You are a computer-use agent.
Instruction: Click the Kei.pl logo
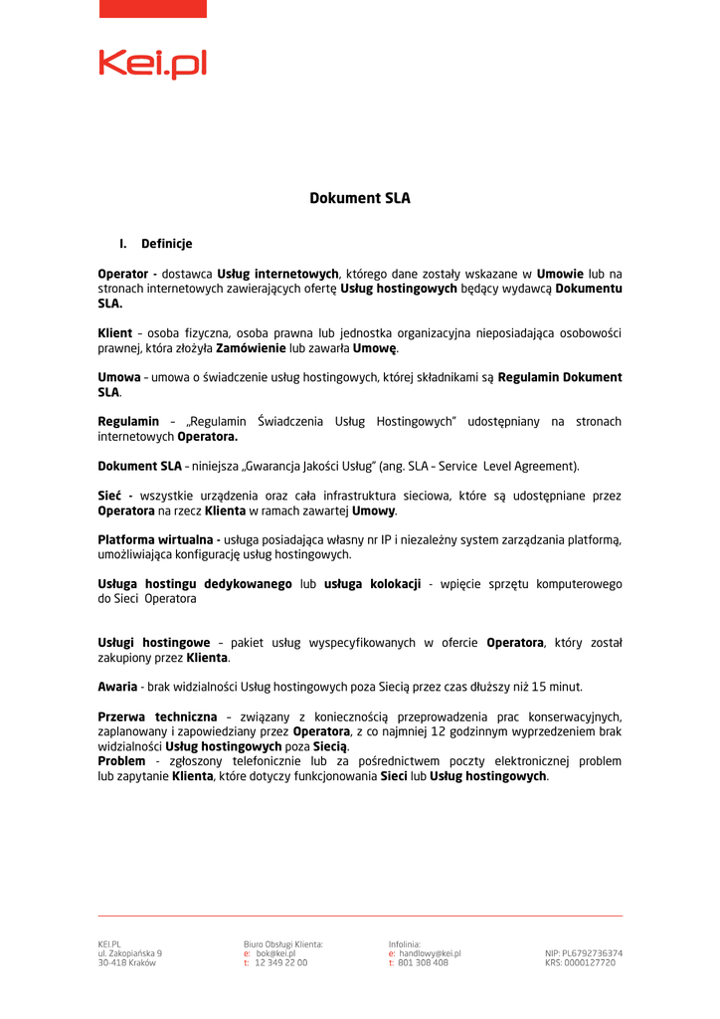pyautogui.click(x=152, y=64)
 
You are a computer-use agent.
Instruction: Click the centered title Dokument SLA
pyautogui.click(x=360, y=198)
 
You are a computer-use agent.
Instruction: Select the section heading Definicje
pyautogui.click(x=166, y=244)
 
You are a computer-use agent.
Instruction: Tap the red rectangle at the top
pyautogui.click(x=152, y=8)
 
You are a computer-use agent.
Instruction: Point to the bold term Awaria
pyautogui.click(x=117, y=687)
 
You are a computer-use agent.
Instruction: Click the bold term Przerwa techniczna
pyautogui.click(x=157, y=716)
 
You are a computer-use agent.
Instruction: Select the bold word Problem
pyautogui.click(x=121, y=761)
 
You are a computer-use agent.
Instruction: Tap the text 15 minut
pyautogui.click(x=558, y=687)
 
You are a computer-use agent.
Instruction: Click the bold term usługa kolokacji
pyautogui.click(x=372, y=584)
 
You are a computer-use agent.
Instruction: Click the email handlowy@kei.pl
pyautogui.click(x=430, y=953)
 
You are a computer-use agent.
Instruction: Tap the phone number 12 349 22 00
pyautogui.click(x=281, y=963)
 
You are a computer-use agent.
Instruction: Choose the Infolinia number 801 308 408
pyautogui.click(x=424, y=963)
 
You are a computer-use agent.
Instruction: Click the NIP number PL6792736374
pyautogui.click(x=593, y=953)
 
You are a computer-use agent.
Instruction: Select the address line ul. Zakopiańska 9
pyautogui.click(x=129, y=953)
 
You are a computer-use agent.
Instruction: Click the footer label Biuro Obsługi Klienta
pyautogui.click(x=283, y=943)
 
